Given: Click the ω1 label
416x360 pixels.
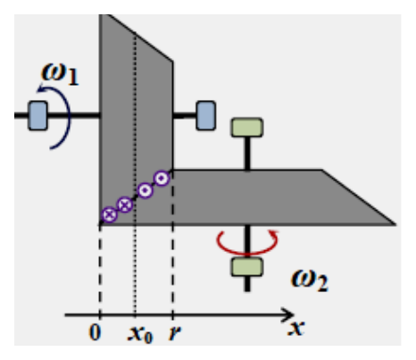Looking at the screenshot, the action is (60, 74).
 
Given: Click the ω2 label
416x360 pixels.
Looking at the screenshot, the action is (310, 280).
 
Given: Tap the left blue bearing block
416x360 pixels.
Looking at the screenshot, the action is (37, 115).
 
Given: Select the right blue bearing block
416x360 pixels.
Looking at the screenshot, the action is (206, 115).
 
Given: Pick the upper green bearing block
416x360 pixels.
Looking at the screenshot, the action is (247, 128).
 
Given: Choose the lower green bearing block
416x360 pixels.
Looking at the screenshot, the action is (247, 267).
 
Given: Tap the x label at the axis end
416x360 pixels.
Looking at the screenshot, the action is (296, 328).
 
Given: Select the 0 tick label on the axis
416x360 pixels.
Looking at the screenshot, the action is (95, 332).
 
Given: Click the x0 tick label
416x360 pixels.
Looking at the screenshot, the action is (140, 334).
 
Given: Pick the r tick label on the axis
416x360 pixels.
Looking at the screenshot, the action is (175, 332).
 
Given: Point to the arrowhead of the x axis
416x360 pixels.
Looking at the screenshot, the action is (287, 314).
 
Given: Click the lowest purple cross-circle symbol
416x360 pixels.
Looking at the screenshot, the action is (110, 214).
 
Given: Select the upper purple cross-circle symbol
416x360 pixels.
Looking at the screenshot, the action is (125, 205).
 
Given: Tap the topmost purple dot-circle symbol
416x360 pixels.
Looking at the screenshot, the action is (162, 179).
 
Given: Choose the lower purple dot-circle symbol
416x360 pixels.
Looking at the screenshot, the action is (146, 190).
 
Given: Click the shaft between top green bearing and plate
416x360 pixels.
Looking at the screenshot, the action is (247, 154).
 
